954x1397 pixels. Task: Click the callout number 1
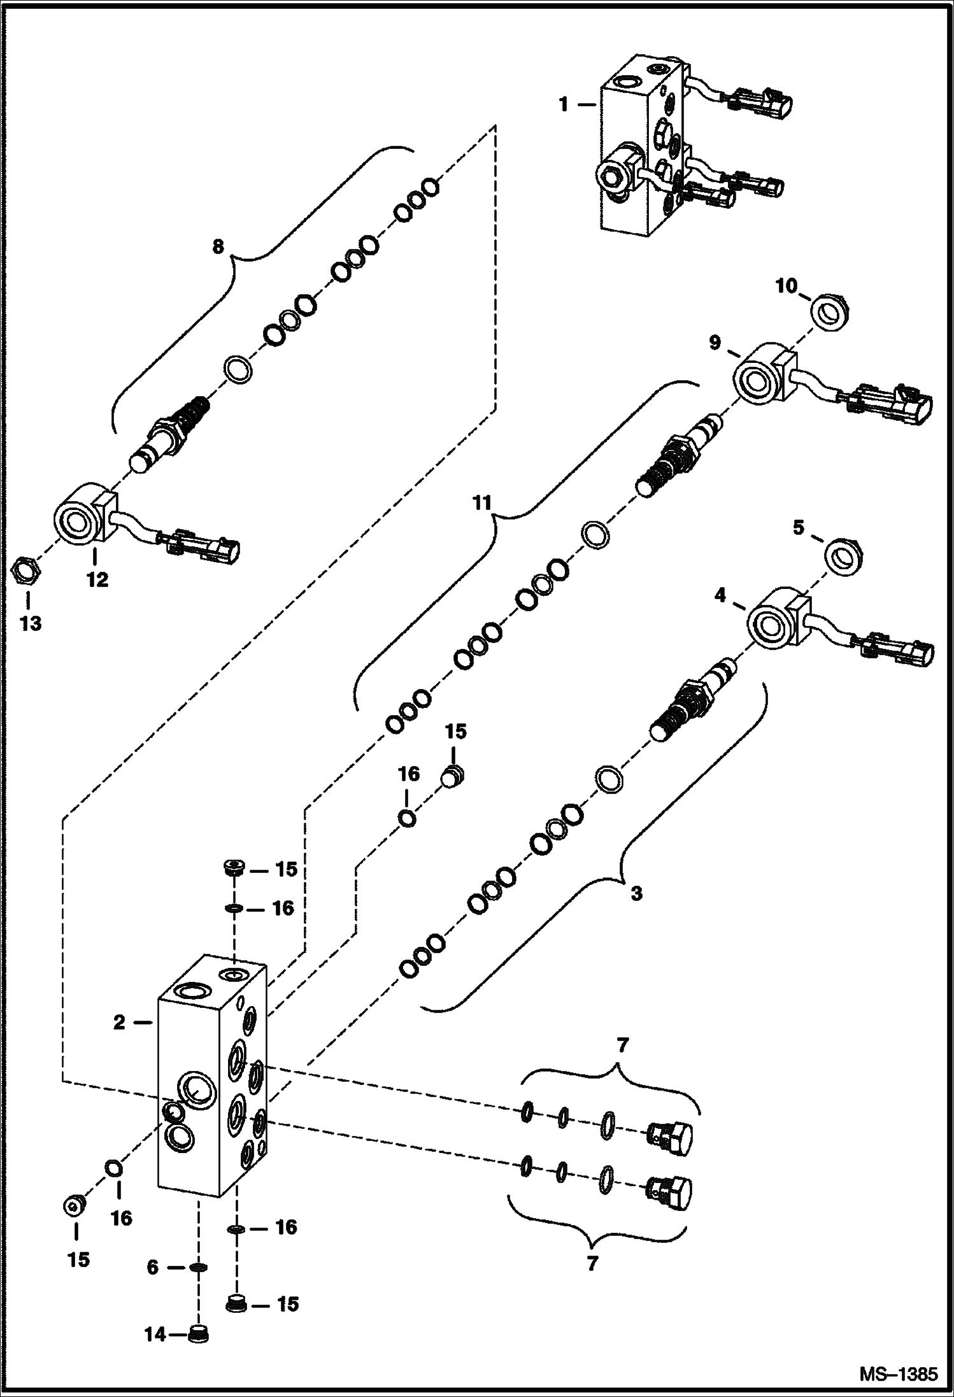point(563,104)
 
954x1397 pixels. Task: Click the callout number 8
point(218,246)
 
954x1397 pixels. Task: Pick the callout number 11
point(482,503)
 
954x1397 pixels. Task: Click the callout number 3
point(636,894)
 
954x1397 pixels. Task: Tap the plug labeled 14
point(200,1333)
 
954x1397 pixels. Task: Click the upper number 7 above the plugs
point(622,1046)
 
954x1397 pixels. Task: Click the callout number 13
point(30,623)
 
